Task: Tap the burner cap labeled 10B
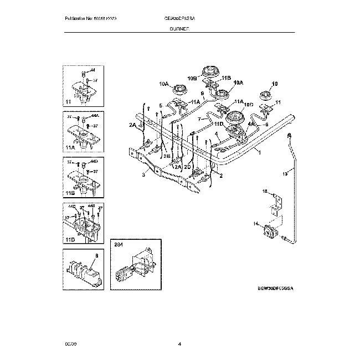click(x=210, y=72)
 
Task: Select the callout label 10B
click(x=192, y=79)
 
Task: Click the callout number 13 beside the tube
click(x=284, y=173)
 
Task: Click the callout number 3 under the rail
click(x=143, y=175)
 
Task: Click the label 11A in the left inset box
click(x=69, y=148)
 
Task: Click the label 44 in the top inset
click(x=92, y=71)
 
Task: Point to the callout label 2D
click(x=188, y=166)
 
